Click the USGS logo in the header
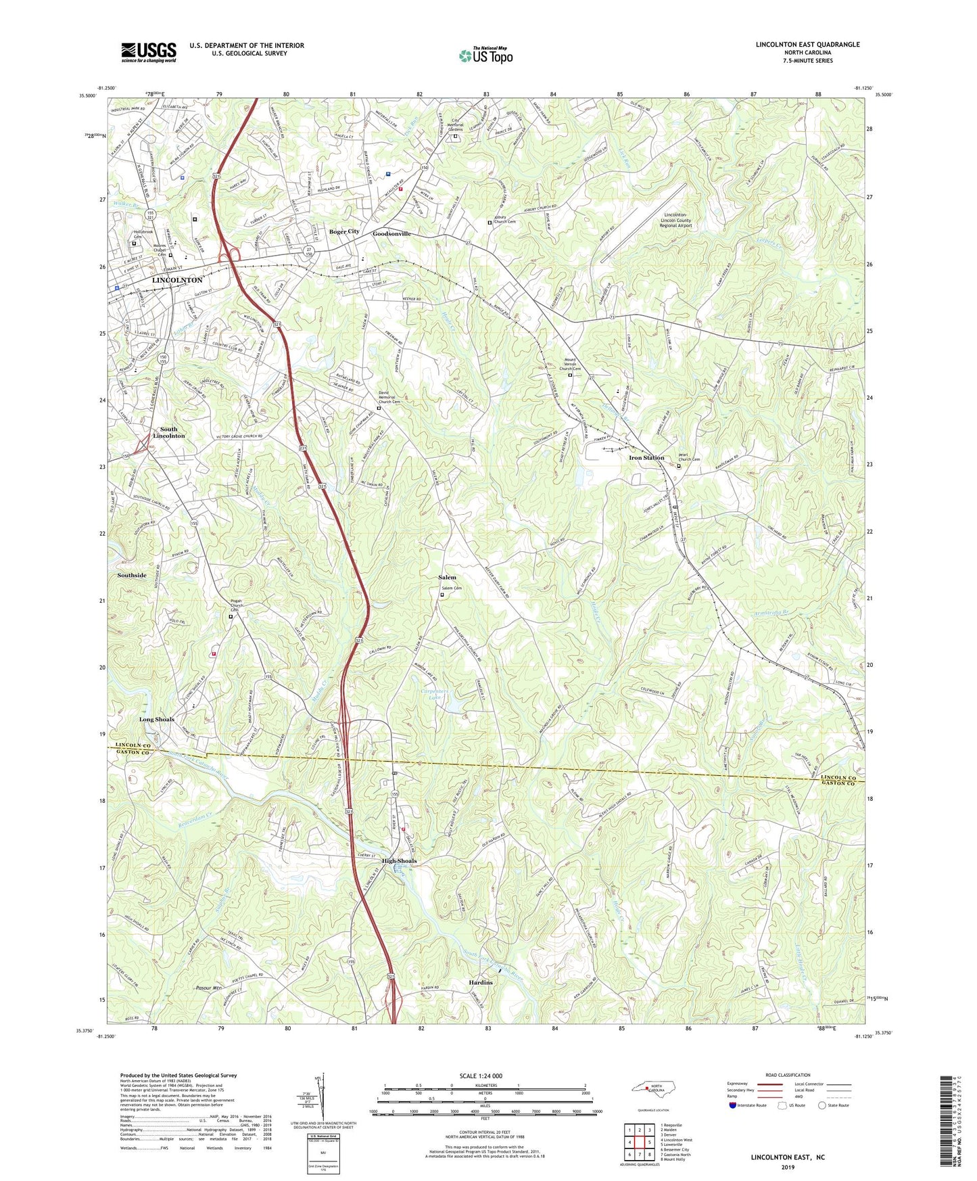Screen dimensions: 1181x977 (149, 52)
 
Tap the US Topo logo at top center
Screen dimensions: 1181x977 (485, 55)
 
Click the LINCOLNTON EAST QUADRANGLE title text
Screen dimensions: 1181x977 (807, 45)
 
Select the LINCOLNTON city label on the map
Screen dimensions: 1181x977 (177, 280)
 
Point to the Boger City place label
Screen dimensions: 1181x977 (344, 232)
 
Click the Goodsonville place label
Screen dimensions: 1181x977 (391, 233)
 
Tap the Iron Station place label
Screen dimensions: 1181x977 (646, 458)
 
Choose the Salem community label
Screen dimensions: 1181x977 (447, 578)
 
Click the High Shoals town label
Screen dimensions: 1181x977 (399, 861)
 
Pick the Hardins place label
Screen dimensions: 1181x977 (480, 982)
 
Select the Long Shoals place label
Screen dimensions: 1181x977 (157, 720)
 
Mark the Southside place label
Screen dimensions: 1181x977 (132, 576)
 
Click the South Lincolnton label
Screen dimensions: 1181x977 (168, 433)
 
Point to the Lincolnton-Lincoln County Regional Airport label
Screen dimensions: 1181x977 (675, 220)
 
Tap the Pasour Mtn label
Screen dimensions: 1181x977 (208, 988)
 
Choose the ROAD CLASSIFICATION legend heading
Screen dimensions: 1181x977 (788, 1075)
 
